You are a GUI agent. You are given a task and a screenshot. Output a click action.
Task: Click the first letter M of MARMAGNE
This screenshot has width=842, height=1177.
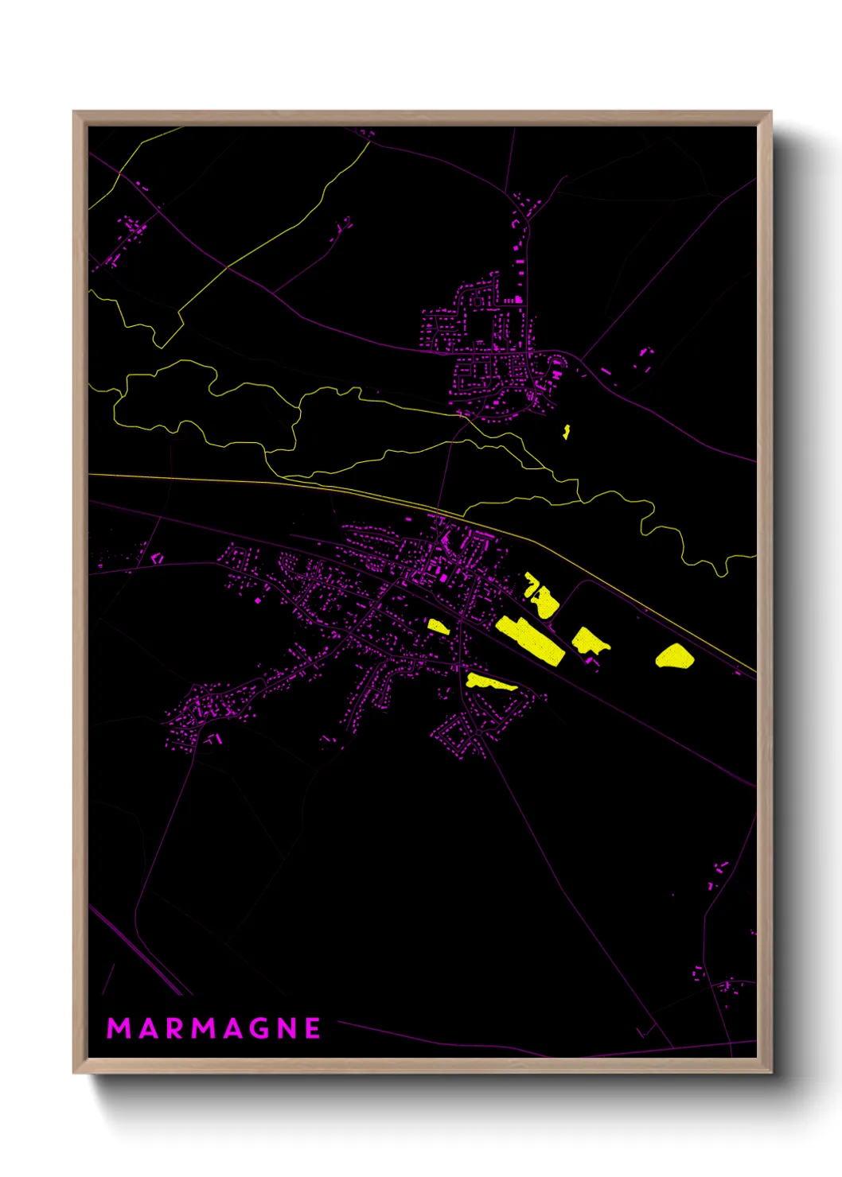(x=119, y=1028)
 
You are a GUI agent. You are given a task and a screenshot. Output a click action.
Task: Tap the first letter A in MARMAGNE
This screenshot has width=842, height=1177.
(x=148, y=1028)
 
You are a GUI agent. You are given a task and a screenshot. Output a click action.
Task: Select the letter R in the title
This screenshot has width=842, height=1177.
(x=174, y=1028)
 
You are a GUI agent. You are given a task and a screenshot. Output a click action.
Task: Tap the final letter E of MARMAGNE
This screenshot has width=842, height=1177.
(x=314, y=1028)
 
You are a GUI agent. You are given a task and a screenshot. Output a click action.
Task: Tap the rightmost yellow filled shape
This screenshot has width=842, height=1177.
(x=675, y=656)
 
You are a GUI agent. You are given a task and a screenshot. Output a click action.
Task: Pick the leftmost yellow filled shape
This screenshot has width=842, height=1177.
(x=439, y=627)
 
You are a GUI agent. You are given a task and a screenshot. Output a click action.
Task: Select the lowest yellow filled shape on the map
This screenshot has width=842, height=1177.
(x=489, y=682)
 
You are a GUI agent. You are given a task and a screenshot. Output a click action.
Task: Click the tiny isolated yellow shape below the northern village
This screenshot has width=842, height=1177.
(x=567, y=432)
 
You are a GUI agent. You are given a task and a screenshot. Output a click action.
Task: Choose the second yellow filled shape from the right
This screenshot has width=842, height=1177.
(x=589, y=640)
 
